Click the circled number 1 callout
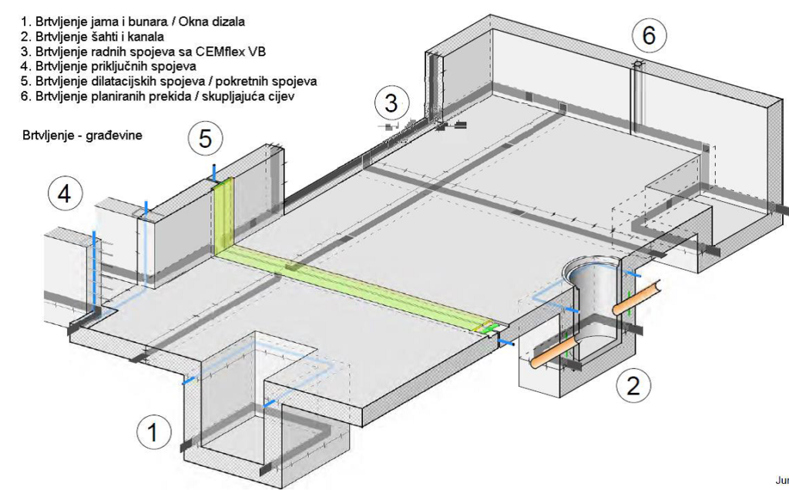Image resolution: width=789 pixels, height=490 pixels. pos(153,433)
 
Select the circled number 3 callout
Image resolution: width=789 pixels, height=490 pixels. pos(391,103)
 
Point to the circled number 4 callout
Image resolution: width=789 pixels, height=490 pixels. pos(65,193)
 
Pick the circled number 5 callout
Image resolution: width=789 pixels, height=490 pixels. pos(204,139)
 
